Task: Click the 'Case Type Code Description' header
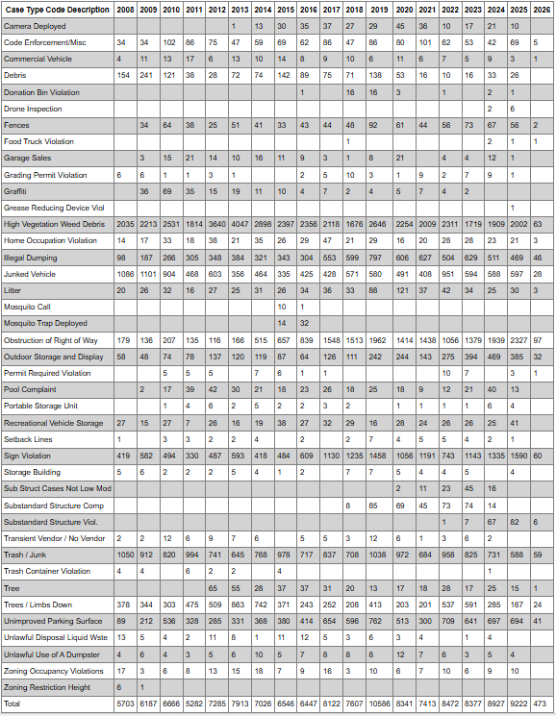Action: tap(57, 9)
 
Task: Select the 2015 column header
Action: tap(285, 9)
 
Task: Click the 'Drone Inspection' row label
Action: tap(34, 109)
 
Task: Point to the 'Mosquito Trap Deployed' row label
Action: tap(45, 323)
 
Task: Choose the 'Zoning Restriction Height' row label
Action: tap(48, 688)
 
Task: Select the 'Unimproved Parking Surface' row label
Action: tap(53, 620)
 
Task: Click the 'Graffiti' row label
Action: tap(17, 191)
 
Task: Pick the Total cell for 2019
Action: tap(379, 704)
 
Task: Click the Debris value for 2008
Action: tap(122, 75)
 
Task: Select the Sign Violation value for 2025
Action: tap(518, 455)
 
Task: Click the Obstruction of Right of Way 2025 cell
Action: tap(518, 340)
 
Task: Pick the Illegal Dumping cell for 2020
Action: tap(404, 257)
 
